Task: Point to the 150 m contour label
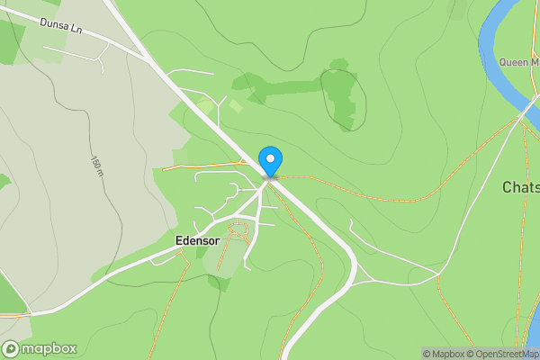click(x=95, y=165)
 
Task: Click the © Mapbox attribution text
click(x=443, y=354)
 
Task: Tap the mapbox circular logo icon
click(x=11, y=349)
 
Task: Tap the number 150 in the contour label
click(x=94, y=162)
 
